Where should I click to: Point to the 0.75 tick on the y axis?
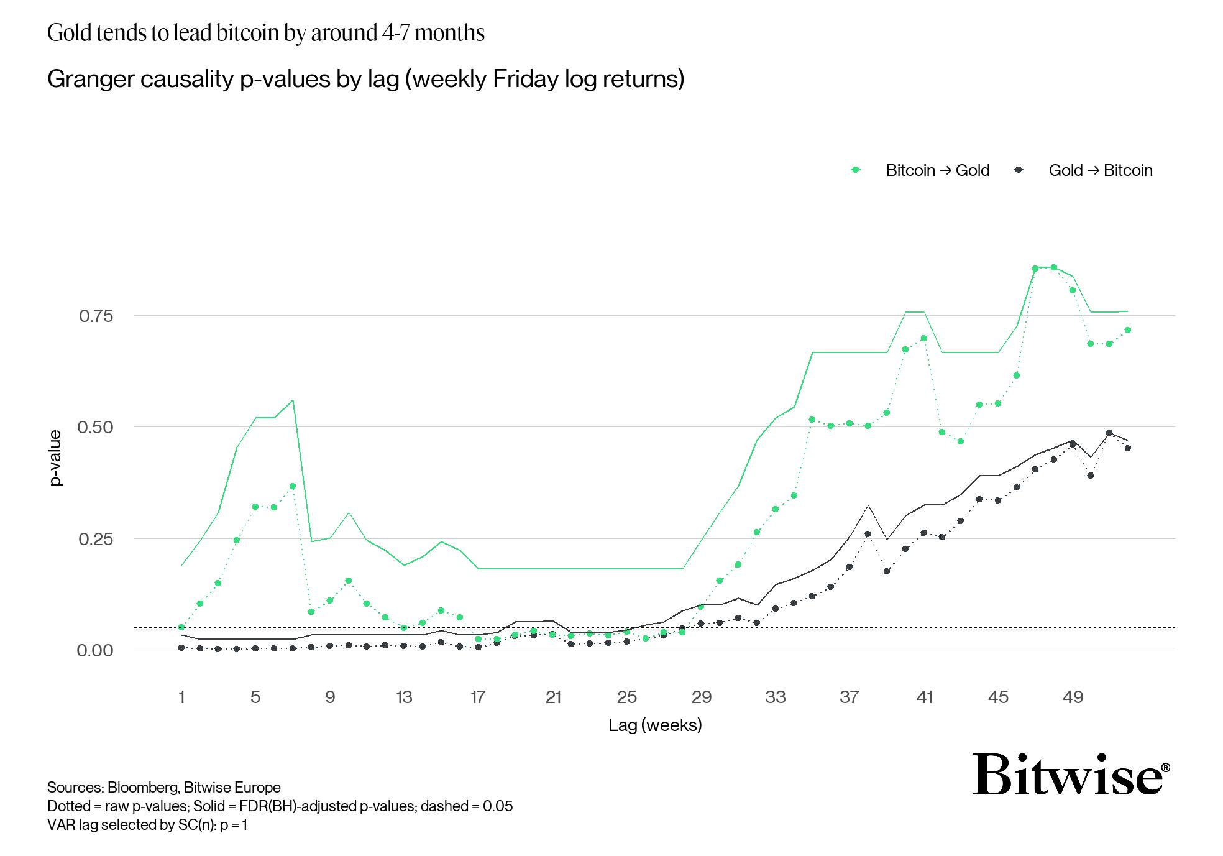(x=96, y=316)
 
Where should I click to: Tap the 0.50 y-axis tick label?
(x=96, y=427)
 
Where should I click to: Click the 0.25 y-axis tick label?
(x=96, y=538)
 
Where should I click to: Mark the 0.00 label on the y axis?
(x=96, y=650)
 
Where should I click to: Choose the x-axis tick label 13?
(x=404, y=697)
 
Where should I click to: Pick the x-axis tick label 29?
(x=701, y=697)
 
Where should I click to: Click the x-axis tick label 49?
(x=1073, y=697)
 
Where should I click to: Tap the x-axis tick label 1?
(x=181, y=697)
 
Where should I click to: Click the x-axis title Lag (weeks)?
(x=655, y=725)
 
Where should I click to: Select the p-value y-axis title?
(x=56, y=458)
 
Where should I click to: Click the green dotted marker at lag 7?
(x=293, y=486)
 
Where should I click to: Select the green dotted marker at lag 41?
(x=923, y=338)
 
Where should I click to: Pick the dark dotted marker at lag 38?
(x=868, y=534)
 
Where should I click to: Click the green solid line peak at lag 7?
(x=293, y=400)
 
